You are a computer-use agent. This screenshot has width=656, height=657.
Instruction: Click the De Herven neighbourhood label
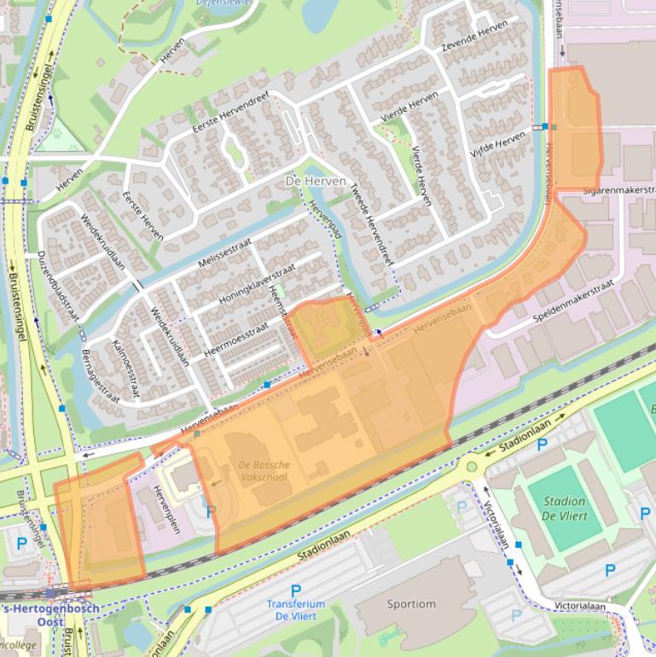click(x=316, y=182)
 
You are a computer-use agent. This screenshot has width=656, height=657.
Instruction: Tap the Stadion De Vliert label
click(x=563, y=509)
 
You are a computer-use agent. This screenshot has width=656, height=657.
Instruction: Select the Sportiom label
click(x=411, y=604)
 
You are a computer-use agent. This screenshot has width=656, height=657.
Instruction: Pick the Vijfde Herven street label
click(x=499, y=142)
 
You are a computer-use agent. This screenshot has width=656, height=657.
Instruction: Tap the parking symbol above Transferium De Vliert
click(x=296, y=590)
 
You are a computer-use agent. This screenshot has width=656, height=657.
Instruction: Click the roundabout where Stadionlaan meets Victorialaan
click(x=472, y=466)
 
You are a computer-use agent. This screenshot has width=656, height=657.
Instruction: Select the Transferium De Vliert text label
click(x=295, y=610)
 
